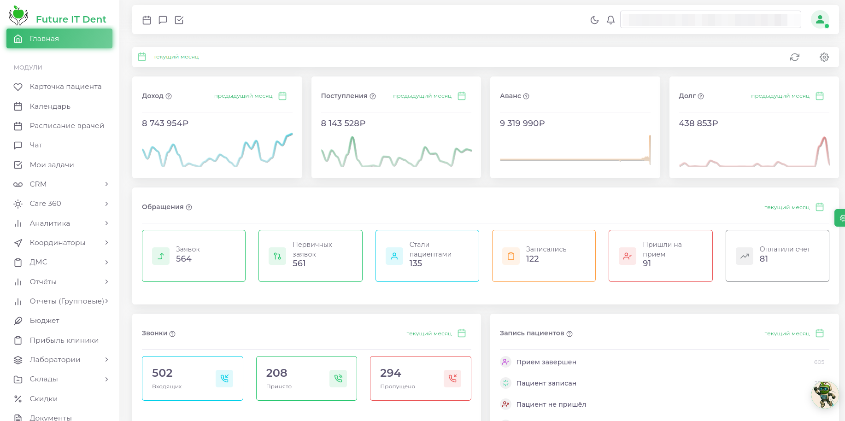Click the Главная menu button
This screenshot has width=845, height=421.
pyautogui.click(x=59, y=39)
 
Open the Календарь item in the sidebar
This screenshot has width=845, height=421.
pyautogui.click(x=50, y=106)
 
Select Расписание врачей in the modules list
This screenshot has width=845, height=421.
pyautogui.click(x=66, y=126)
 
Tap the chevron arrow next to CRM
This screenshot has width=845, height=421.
pyautogui.click(x=106, y=184)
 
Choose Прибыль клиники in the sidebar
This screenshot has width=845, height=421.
pyautogui.click(x=64, y=340)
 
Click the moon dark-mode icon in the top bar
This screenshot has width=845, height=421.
pyautogui.click(x=594, y=20)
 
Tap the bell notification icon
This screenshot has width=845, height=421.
pyautogui.click(x=610, y=20)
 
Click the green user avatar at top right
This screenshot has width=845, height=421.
pyautogui.click(x=820, y=20)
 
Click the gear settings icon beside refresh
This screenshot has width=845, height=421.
pyautogui.click(x=824, y=57)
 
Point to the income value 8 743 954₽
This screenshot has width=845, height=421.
pyautogui.click(x=165, y=123)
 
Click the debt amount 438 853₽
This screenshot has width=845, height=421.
pyautogui.click(x=698, y=123)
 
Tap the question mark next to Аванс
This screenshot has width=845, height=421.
pyautogui.click(x=526, y=96)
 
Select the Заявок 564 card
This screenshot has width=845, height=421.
pyautogui.click(x=194, y=256)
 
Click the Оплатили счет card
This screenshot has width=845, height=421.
pyautogui.click(x=777, y=256)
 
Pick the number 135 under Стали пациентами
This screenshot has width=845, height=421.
pyautogui.click(x=416, y=263)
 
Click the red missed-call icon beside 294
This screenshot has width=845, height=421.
pyautogui.click(x=452, y=378)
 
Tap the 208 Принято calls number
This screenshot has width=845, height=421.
pyautogui.click(x=276, y=373)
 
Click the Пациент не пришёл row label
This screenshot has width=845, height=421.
pyautogui.click(x=551, y=404)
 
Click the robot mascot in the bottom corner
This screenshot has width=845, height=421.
pyautogui.click(x=824, y=394)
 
